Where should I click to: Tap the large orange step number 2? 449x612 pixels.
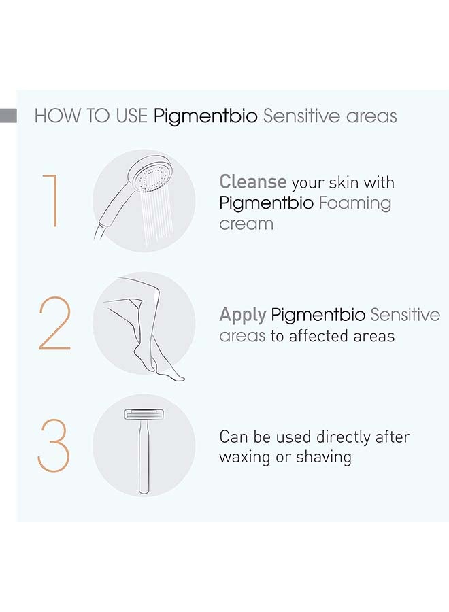(54, 324)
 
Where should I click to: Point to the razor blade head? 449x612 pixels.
(143, 415)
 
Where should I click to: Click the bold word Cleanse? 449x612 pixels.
(252, 182)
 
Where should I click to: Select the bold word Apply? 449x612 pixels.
(242, 315)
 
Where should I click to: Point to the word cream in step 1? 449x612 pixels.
(246, 224)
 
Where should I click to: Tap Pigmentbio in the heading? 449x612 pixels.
(205, 116)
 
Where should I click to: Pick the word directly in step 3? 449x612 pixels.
(339, 437)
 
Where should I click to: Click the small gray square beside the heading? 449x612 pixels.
(8, 115)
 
